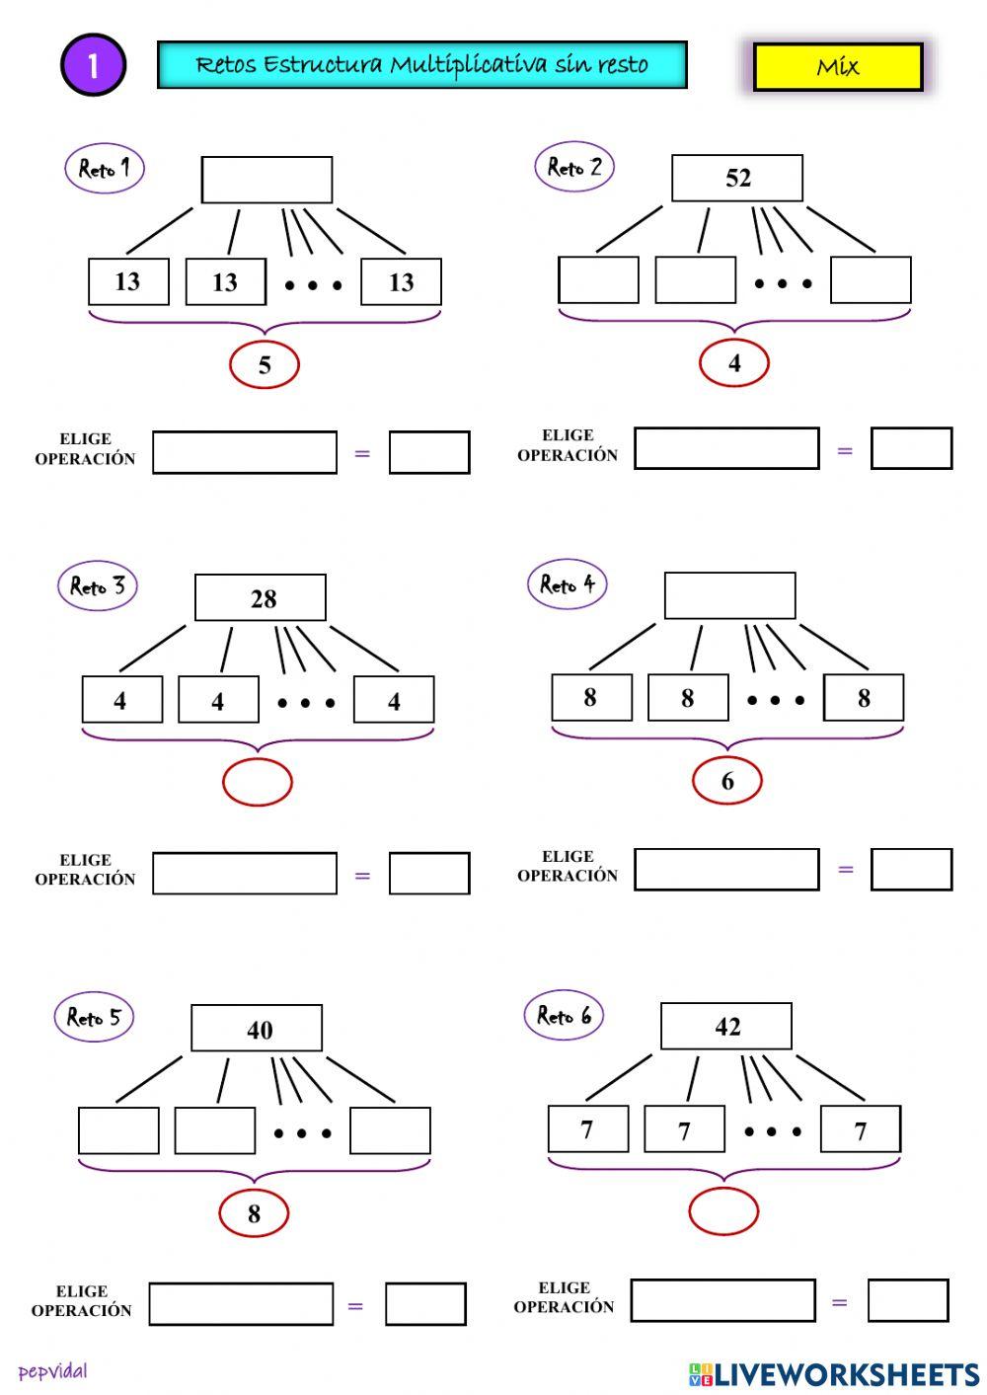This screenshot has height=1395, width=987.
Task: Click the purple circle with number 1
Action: [x=94, y=65]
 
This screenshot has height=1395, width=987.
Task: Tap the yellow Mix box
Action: [x=838, y=67]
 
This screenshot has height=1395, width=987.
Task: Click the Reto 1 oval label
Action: [x=104, y=168]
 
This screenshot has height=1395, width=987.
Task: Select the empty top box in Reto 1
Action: [x=266, y=180]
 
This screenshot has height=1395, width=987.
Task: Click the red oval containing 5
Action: [x=265, y=365]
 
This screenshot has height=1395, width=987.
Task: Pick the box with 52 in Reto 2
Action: [x=737, y=178]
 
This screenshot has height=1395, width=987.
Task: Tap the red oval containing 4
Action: [x=734, y=363]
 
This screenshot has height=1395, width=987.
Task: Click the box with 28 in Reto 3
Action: [x=261, y=598]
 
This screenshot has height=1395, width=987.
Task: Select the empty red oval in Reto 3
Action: [x=258, y=783]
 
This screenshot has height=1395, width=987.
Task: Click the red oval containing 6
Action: [x=727, y=781]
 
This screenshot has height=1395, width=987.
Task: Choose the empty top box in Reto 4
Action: [x=729, y=595]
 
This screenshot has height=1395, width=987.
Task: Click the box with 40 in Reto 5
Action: [x=257, y=1029]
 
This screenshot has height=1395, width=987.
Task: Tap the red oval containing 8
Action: [x=254, y=1213]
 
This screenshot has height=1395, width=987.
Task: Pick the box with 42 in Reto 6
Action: [x=725, y=1027]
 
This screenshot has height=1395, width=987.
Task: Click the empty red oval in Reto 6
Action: [x=723, y=1211]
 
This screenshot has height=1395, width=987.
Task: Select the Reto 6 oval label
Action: [x=564, y=1015]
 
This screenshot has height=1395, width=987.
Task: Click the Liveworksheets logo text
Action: [x=835, y=1374]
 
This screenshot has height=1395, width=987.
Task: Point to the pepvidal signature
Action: [x=52, y=1371]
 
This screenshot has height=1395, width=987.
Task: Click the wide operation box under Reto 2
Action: [x=726, y=448]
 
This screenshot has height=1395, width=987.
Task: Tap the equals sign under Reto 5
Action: [x=355, y=1305]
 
